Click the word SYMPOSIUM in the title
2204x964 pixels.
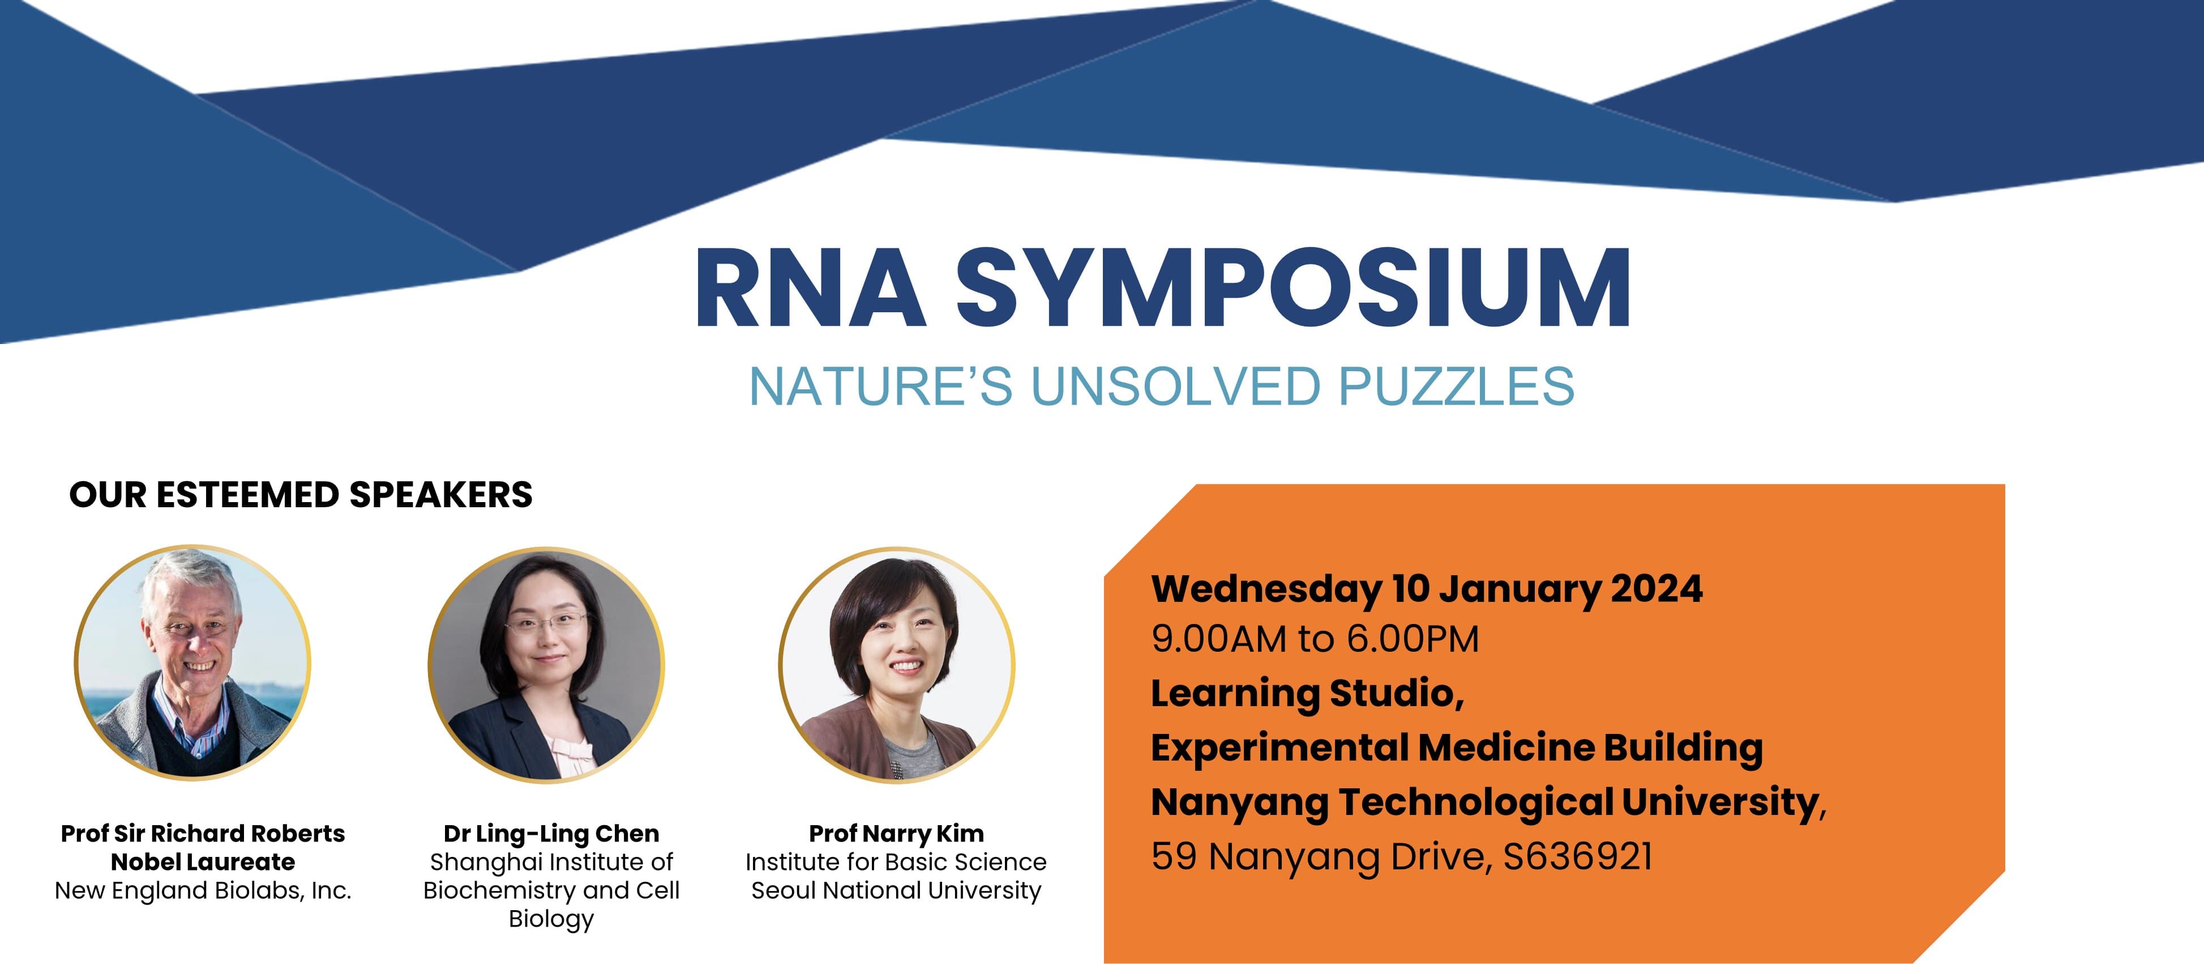[x=1292, y=288]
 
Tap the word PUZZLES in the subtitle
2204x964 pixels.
[x=1456, y=387]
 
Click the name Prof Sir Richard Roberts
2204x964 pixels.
[x=203, y=833]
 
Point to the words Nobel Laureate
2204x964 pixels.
[x=203, y=861]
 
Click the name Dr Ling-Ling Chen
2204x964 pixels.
[x=551, y=833]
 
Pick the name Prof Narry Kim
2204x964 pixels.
[x=896, y=833]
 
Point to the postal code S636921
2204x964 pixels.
[x=1577, y=856]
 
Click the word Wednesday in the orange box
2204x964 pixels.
[x=1265, y=588]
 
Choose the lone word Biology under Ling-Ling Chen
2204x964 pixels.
[x=551, y=919]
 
